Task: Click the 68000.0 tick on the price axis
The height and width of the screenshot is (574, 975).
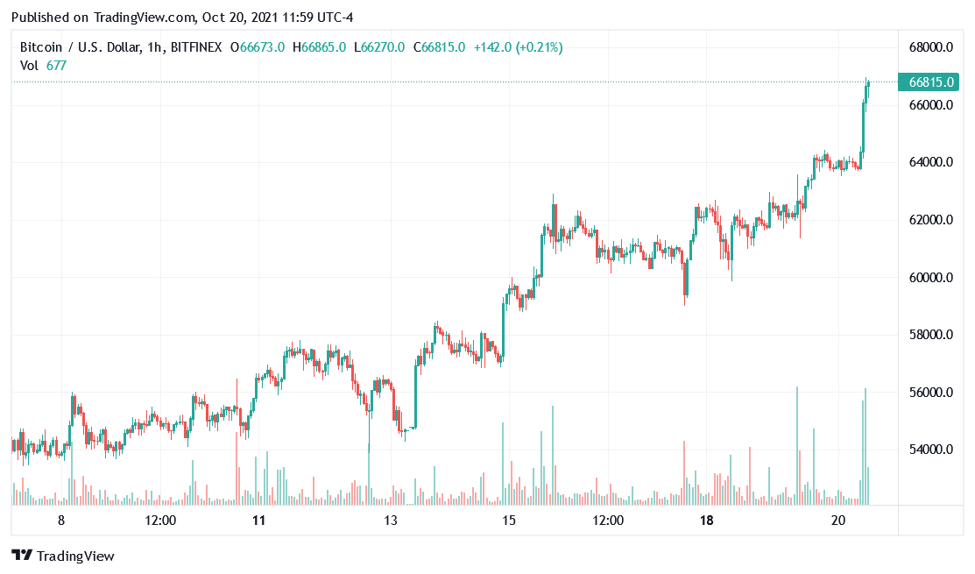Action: (930, 47)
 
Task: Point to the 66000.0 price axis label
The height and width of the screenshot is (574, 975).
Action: (930, 105)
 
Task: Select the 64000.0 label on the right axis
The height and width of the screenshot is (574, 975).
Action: (930, 162)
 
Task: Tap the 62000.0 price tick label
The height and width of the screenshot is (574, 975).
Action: (930, 220)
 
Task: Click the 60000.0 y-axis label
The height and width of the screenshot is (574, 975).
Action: (930, 278)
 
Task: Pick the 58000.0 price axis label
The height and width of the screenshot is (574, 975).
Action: (930, 335)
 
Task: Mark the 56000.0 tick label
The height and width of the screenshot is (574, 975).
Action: (930, 393)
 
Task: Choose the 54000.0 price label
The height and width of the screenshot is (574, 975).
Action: (930, 450)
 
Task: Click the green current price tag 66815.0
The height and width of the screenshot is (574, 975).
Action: (930, 82)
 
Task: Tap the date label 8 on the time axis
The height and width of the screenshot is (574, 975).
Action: (60, 521)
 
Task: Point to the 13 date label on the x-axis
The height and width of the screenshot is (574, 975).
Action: (391, 521)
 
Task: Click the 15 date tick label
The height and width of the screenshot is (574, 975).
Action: (508, 521)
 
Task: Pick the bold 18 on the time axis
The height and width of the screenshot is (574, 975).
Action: (707, 521)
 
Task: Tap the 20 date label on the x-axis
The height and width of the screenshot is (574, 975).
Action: (838, 521)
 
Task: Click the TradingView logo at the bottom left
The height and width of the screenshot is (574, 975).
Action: (63, 556)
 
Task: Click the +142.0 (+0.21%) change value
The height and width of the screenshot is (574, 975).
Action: (519, 47)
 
